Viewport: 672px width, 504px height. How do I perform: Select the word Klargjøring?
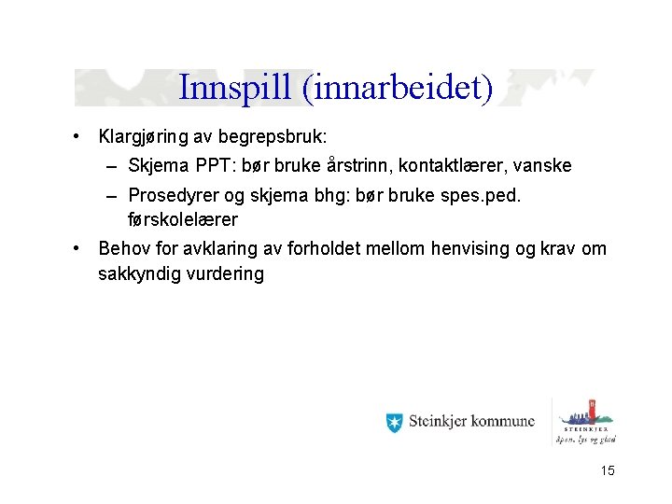(145, 137)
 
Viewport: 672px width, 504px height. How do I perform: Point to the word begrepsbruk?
(277, 137)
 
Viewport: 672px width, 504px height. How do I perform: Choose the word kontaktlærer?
(455, 166)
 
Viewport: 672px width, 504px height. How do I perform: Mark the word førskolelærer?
(183, 220)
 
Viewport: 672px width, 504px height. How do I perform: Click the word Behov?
(122, 249)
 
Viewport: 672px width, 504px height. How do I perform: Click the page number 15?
(608, 471)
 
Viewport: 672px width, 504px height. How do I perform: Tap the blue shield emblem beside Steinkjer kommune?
(394, 422)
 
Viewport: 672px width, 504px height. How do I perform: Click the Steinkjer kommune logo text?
(471, 422)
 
